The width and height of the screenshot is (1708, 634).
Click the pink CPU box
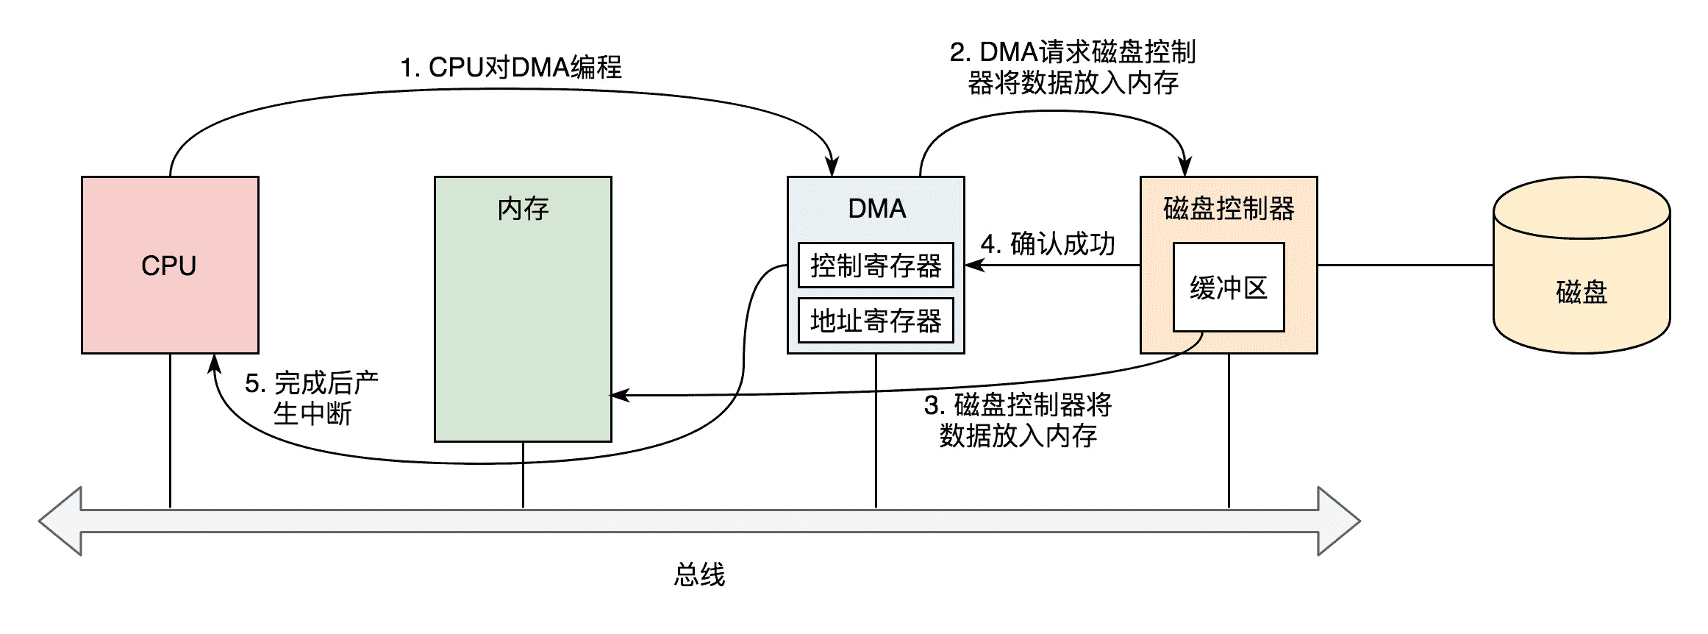[x=170, y=265]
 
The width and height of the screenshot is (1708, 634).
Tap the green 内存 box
[x=523, y=309]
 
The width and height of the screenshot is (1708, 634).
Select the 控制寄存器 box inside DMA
[x=876, y=265]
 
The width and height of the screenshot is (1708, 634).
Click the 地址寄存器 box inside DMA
[x=876, y=321]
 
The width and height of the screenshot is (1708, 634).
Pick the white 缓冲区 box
[x=1229, y=288]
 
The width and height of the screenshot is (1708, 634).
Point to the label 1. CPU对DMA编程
[x=511, y=68]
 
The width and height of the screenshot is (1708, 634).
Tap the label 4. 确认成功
[x=1048, y=244]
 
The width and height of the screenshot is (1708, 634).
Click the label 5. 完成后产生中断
[x=312, y=398]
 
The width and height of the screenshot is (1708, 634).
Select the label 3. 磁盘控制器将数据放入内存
[x=1018, y=420]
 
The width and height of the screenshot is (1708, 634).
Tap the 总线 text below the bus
[x=699, y=574]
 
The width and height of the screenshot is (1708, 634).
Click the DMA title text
[x=876, y=209]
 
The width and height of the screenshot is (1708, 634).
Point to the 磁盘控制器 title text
[x=1229, y=209]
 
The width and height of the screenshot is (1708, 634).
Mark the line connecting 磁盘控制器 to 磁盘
[x=1404, y=265]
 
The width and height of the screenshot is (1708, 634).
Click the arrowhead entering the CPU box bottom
[x=214, y=364]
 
